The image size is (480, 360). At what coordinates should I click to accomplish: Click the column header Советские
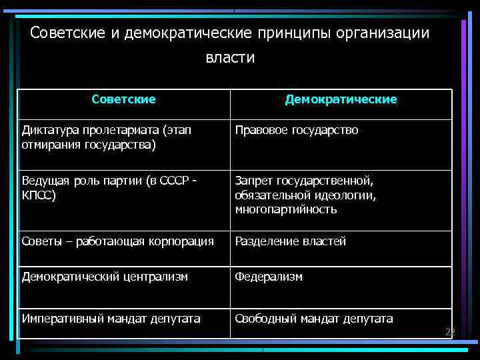click(x=123, y=99)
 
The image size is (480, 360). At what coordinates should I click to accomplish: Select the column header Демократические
click(x=341, y=99)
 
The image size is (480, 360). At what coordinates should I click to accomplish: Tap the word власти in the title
click(x=230, y=58)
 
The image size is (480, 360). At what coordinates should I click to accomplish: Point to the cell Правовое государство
click(x=296, y=130)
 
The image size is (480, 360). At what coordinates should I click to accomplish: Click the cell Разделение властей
click(x=290, y=241)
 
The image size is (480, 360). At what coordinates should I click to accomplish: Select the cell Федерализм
click(x=268, y=276)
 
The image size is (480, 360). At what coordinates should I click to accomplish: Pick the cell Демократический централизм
click(x=105, y=276)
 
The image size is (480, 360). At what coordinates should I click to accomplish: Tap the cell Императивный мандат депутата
click(x=111, y=319)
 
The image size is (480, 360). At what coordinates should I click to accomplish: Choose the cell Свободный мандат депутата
click(x=313, y=319)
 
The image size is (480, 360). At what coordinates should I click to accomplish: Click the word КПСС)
click(x=39, y=196)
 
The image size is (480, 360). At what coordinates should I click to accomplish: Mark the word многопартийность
click(x=285, y=210)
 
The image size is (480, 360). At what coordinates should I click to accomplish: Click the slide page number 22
click(x=450, y=331)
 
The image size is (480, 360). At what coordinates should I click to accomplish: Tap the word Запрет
click(x=253, y=181)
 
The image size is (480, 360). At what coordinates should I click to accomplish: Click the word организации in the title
click(x=391, y=33)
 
